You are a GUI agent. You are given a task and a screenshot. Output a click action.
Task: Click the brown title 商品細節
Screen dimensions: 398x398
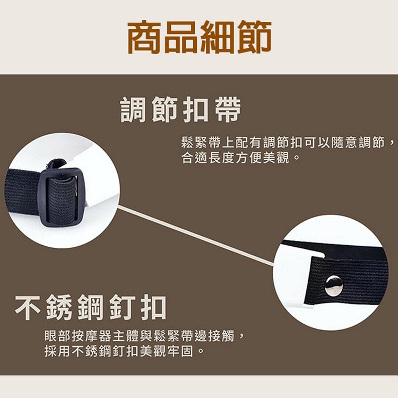pyautogui.click(x=200, y=37)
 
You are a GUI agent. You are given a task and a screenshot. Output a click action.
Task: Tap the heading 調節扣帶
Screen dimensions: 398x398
pyautogui.click(x=180, y=109)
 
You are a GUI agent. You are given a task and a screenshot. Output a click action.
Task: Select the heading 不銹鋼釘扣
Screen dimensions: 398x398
pyautogui.click(x=91, y=307)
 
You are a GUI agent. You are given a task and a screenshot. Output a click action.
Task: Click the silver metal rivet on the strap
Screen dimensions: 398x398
pyautogui.click(x=334, y=286)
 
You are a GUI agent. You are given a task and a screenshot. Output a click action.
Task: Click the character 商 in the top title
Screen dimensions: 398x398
pyautogui.click(x=145, y=37)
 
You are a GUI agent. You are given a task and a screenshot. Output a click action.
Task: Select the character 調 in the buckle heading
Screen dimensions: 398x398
pyautogui.click(x=133, y=109)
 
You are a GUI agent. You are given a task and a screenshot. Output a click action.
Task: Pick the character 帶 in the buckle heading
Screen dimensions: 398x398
pyautogui.click(x=228, y=109)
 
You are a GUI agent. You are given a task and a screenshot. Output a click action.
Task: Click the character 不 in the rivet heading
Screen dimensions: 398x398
pyautogui.click(x=29, y=307)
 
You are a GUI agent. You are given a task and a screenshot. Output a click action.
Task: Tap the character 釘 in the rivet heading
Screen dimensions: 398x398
pyautogui.click(x=122, y=307)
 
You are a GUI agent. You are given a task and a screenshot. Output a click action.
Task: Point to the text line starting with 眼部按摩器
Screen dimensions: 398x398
pyautogui.click(x=144, y=336)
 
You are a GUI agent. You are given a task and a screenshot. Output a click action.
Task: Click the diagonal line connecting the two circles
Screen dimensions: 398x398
pyautogui.click(x=196, y=236)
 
